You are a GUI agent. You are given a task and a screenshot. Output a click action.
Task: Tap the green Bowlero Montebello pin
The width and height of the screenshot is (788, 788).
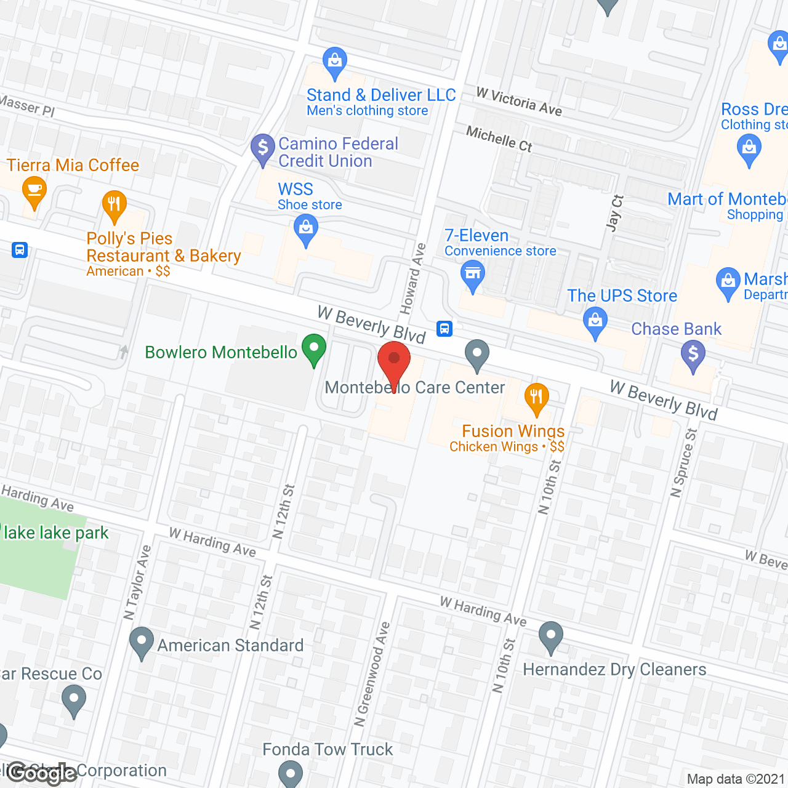[313, 348]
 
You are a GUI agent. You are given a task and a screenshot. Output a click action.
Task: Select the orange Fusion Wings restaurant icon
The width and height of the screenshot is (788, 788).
[536, 398]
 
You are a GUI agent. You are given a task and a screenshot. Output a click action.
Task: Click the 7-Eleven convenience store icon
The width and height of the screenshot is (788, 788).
[472, 275]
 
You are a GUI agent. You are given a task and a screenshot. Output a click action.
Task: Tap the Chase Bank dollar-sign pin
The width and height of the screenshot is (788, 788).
[693, 355]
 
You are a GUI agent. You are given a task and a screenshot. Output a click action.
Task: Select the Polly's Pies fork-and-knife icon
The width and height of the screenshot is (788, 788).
[114, 205]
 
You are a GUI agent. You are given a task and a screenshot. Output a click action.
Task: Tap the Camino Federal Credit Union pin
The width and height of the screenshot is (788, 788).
[263, 149]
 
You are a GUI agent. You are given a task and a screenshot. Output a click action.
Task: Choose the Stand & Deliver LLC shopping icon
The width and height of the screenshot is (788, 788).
[334, 62]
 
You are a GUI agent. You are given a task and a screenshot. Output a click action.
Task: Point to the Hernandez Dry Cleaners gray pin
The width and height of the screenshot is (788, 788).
[550, 637]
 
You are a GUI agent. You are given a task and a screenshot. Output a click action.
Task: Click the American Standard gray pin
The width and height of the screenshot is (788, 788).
[142, 641]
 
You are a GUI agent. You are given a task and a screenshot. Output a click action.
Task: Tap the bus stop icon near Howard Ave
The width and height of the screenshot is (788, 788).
[444, 329]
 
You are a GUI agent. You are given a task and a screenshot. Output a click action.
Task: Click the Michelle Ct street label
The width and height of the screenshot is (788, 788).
[499, 139]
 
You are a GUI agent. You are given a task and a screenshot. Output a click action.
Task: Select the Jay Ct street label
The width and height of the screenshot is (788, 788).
[614, 213]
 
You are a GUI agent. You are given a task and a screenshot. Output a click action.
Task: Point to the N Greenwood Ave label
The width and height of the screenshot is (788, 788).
[372, 674]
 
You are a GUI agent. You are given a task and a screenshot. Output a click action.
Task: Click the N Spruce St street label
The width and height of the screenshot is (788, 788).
[683, 463]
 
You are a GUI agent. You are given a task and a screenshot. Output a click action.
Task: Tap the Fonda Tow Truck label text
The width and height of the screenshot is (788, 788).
[328, 749]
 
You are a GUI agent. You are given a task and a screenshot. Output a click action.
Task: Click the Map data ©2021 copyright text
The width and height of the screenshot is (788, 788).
[736, 779]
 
